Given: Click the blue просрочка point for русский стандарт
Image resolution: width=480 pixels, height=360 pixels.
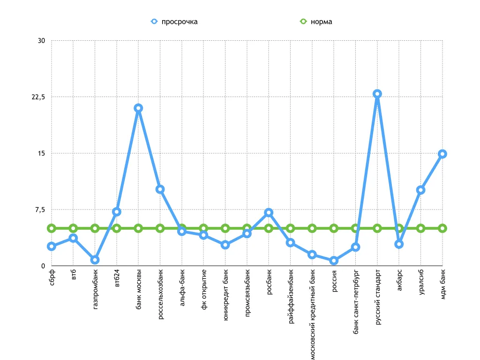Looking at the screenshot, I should [x=377, y=94].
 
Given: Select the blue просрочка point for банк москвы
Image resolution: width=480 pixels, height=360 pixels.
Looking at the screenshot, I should [x=138, y=108].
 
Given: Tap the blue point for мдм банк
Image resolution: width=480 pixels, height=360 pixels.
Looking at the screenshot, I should [x=442, y=154].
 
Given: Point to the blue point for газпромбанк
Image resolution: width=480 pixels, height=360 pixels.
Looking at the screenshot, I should [x=95, y=260].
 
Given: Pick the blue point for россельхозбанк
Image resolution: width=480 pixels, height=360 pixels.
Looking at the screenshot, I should [x=160, y=189].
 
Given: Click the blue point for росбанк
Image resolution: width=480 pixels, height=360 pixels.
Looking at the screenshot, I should [x=269, y=213].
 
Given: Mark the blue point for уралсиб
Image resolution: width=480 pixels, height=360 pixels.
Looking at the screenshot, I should [x=420, y=190].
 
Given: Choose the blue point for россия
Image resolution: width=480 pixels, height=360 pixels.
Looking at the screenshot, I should [x=334, y=261].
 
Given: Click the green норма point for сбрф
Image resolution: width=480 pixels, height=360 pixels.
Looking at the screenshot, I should [x=52, y=228].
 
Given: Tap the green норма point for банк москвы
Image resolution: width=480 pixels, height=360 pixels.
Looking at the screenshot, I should [x=138, y=228].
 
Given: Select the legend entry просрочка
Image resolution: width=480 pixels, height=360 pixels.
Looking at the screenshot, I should [x=174, y=22].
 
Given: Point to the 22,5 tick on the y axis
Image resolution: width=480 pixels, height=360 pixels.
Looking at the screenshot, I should [x=38, y=97].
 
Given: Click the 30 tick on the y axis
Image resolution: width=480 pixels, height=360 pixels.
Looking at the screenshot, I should [x=41, y=41].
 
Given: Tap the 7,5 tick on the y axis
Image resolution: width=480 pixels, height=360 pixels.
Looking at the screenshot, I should [x=39, y=210].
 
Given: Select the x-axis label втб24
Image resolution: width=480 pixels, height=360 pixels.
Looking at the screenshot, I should [x=117, y=278].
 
